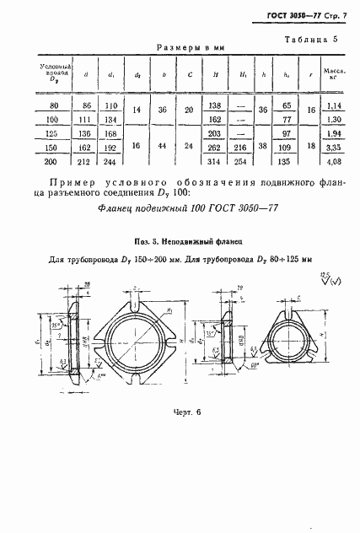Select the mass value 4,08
point(334,161)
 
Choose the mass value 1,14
point(334,105)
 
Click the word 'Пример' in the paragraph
point(68,183)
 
